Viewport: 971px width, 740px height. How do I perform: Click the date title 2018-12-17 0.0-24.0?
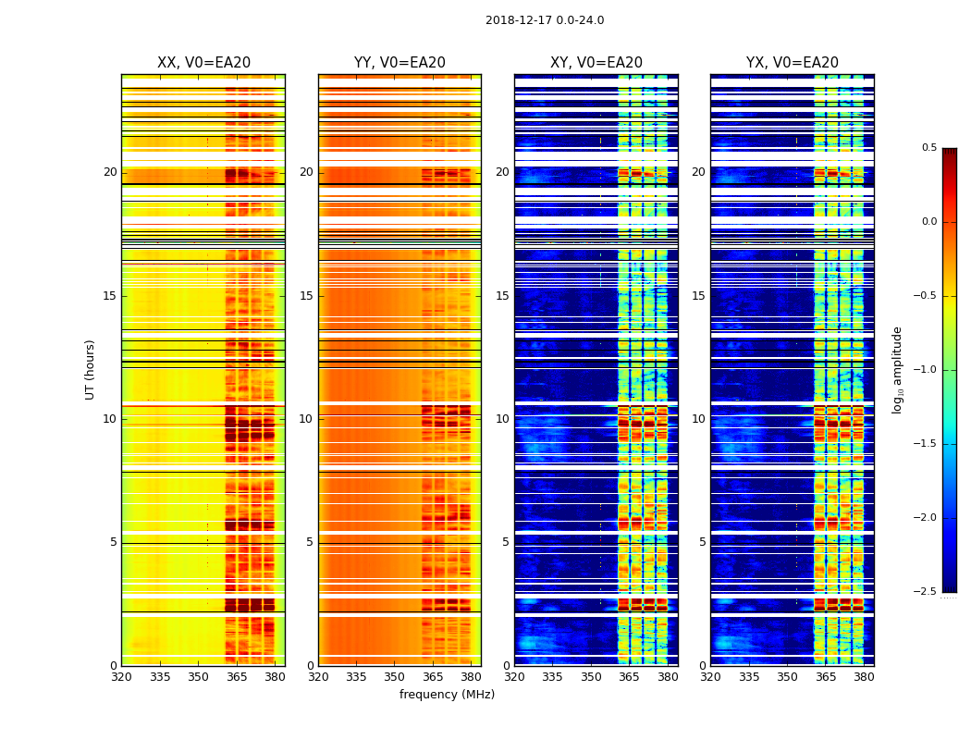[545, 20]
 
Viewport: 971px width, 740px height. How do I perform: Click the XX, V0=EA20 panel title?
[203, 63]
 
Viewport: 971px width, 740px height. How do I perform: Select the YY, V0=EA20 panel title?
[399, 63]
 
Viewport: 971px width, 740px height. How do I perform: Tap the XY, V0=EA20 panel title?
[596, 63]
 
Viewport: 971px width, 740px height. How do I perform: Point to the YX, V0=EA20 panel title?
[793, 63]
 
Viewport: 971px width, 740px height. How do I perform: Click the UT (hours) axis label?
[91, 369]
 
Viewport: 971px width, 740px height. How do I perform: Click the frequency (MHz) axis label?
[447, 695]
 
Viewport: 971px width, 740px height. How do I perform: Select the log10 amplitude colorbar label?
[897, 369]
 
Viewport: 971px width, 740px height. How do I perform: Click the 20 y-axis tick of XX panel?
[110, 172]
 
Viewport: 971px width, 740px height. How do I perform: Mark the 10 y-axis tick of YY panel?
[307, 419]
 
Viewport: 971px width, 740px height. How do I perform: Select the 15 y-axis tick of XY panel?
[503, 296]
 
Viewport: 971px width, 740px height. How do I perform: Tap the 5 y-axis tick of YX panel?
[703, 542]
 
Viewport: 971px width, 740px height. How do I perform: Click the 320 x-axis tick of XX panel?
[121, 676]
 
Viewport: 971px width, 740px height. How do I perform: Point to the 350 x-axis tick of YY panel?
[395, 676]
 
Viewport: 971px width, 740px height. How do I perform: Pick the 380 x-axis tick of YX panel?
[864, 676]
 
